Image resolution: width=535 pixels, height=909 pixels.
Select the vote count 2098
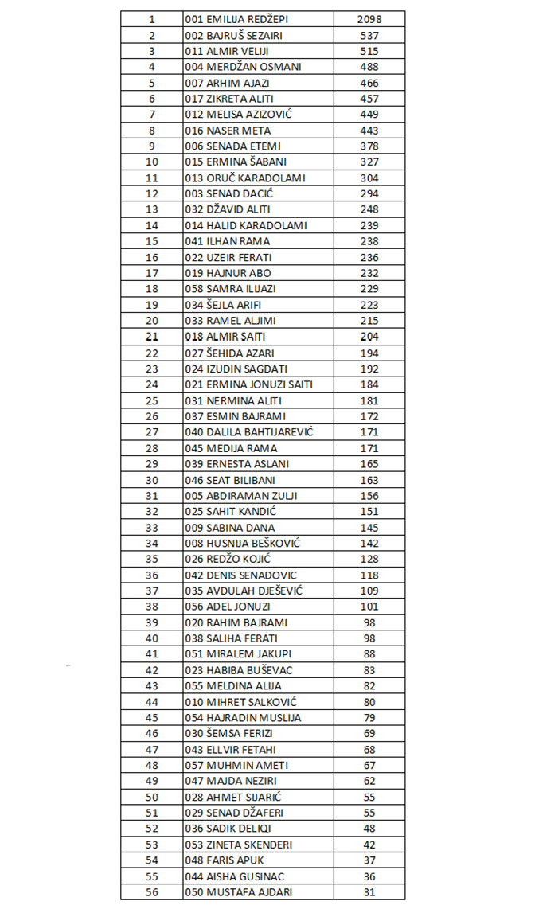coord(369,19)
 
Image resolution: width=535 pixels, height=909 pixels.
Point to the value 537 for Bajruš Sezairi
coord(369,35)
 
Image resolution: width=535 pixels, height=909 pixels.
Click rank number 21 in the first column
coord(152,337)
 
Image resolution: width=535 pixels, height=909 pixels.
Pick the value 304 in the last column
coord(369,178)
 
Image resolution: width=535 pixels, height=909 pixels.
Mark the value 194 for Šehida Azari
coord(369,353)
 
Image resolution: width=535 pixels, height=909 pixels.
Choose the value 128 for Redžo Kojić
coord(369,559)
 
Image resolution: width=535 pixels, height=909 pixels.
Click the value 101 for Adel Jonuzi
coord(369,607)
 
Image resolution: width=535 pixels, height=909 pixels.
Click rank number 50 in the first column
coord(152,797)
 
